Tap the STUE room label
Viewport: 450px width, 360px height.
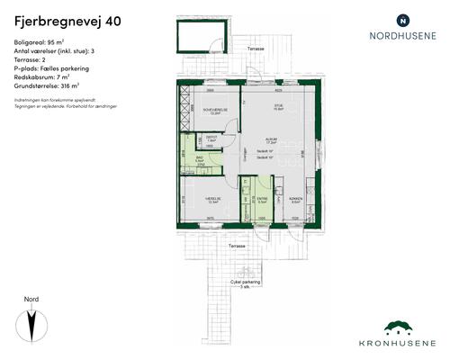(278, 106)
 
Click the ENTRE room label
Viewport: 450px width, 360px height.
(262, 201)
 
